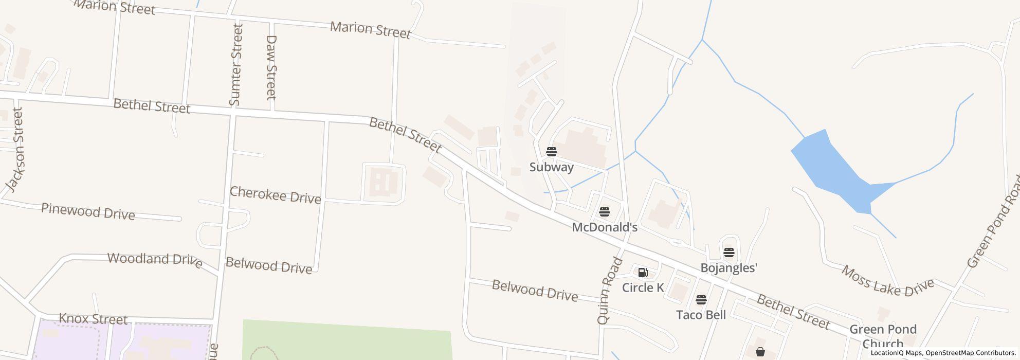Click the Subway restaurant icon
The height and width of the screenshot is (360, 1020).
click(x=552, y=152)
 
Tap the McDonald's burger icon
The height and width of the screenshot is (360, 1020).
click(x=605, y=211)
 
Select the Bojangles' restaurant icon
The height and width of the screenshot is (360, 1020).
click(x=729, y=252)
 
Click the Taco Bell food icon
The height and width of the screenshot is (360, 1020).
click(x=701, y=299)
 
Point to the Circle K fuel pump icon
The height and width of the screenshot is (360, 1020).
click(x=643, y=272)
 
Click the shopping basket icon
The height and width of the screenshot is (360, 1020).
click(x=760, y=352)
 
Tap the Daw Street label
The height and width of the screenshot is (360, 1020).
click(x=271, y=67)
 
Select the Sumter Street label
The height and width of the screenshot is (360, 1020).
click(x=236, y=65)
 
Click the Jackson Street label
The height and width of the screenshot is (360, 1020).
click(x=15, y=149)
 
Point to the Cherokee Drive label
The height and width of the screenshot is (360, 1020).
click(x=275, y=195)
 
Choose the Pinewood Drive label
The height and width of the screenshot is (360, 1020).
click(x=88, y=211)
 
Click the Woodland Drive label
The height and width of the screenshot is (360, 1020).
click(x=154, y=259)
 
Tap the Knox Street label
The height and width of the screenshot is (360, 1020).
click(x=93, y=319)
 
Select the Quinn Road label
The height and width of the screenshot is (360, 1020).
click(x=610, y=291)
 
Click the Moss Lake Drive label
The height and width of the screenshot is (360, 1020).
click(x=887, y=281)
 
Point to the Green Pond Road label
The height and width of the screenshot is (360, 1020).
click(x=994, y=222)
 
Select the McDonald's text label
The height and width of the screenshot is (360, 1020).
click(x=605, y=227)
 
